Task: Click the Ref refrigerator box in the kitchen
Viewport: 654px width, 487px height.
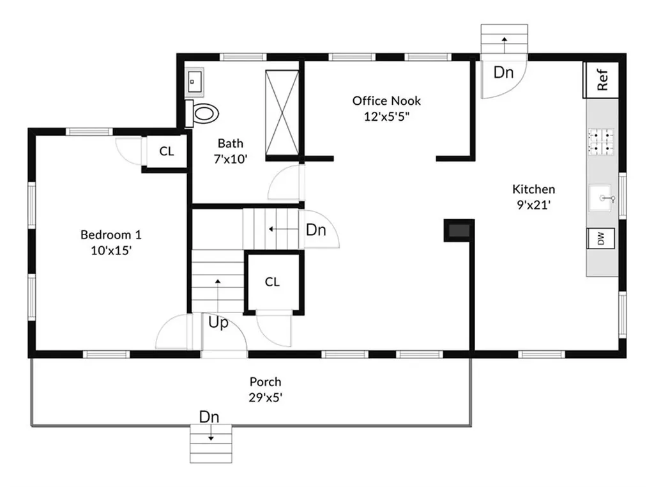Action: tap(600, 80)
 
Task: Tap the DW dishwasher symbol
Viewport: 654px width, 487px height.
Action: tap(600, 238)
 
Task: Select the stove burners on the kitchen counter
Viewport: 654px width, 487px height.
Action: tap(601, 141)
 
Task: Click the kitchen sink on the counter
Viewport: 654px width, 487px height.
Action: tap(600, 198)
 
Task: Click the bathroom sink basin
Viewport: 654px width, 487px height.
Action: tap(194, 82)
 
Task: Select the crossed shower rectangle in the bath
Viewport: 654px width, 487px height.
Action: tap(282, 113)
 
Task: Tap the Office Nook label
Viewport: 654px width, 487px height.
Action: tap(386, 100)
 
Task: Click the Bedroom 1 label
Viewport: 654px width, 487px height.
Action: tap(111, 235)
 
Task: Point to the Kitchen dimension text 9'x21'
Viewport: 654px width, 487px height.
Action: tap(534, 205)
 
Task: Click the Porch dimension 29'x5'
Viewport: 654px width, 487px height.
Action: tap(266, 398)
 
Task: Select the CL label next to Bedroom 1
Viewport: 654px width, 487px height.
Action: tap(167, 151)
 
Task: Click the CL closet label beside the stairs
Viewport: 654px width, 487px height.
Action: tap(272, 282)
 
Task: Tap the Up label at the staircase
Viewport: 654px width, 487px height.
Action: tap(218, 323)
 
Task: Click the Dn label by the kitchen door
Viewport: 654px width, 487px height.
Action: tap(503, 73)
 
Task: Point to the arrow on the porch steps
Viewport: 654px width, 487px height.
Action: tap(211, 433)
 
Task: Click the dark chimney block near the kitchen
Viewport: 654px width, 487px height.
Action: tap(459, 230)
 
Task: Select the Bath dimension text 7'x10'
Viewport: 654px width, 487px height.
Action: tap(231, 159)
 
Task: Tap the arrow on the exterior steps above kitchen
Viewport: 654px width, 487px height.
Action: tap(505, 45)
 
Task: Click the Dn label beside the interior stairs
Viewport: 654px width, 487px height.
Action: tap(316, 230)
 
